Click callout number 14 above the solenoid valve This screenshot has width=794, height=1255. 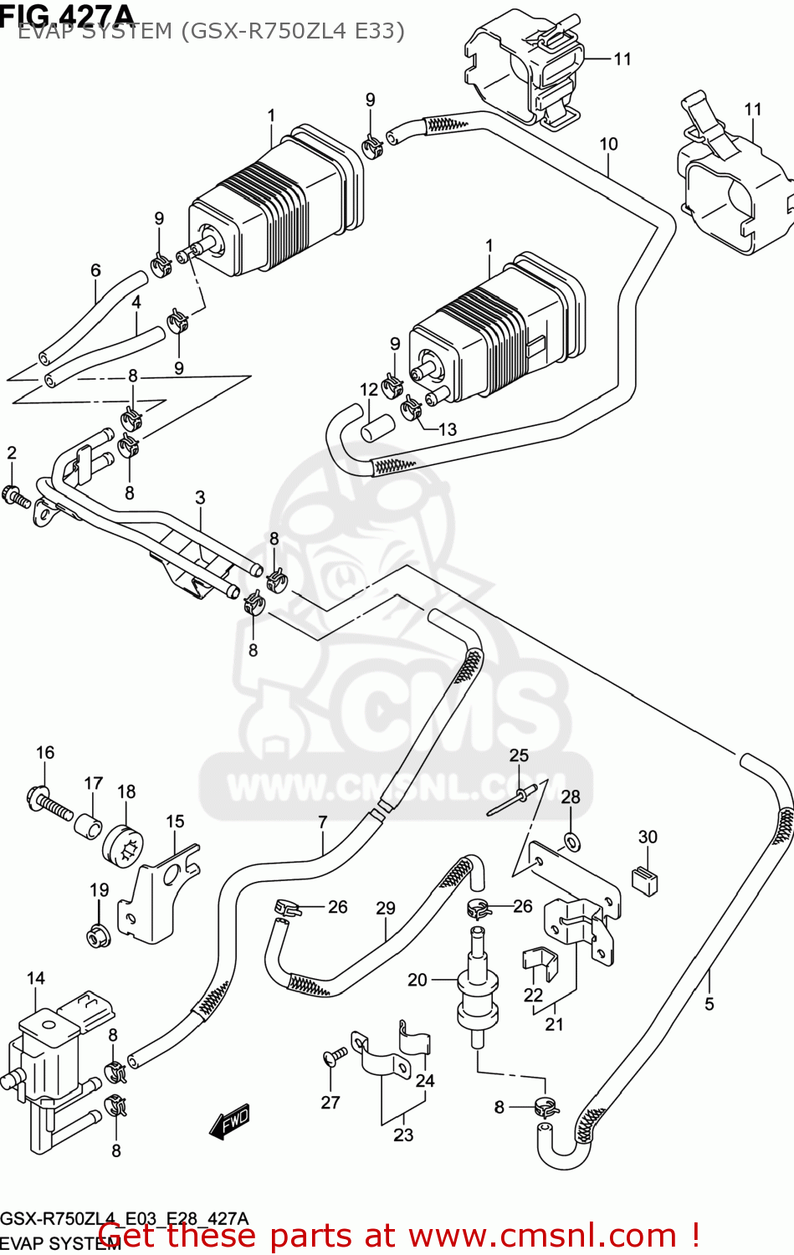tap(35, 978)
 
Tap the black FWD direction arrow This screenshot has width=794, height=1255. tap(229, 1122)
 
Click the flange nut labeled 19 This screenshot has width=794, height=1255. tap(99, 935)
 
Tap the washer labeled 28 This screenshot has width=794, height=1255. tap(571, 841)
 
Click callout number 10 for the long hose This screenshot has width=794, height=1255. tap(608, 144)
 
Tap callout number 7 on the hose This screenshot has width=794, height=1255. tap(323, 822)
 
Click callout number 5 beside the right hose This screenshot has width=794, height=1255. tap(709, 1003)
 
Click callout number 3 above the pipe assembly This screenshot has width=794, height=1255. tap(200, 497)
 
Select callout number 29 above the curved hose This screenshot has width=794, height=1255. tap(385, 908)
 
